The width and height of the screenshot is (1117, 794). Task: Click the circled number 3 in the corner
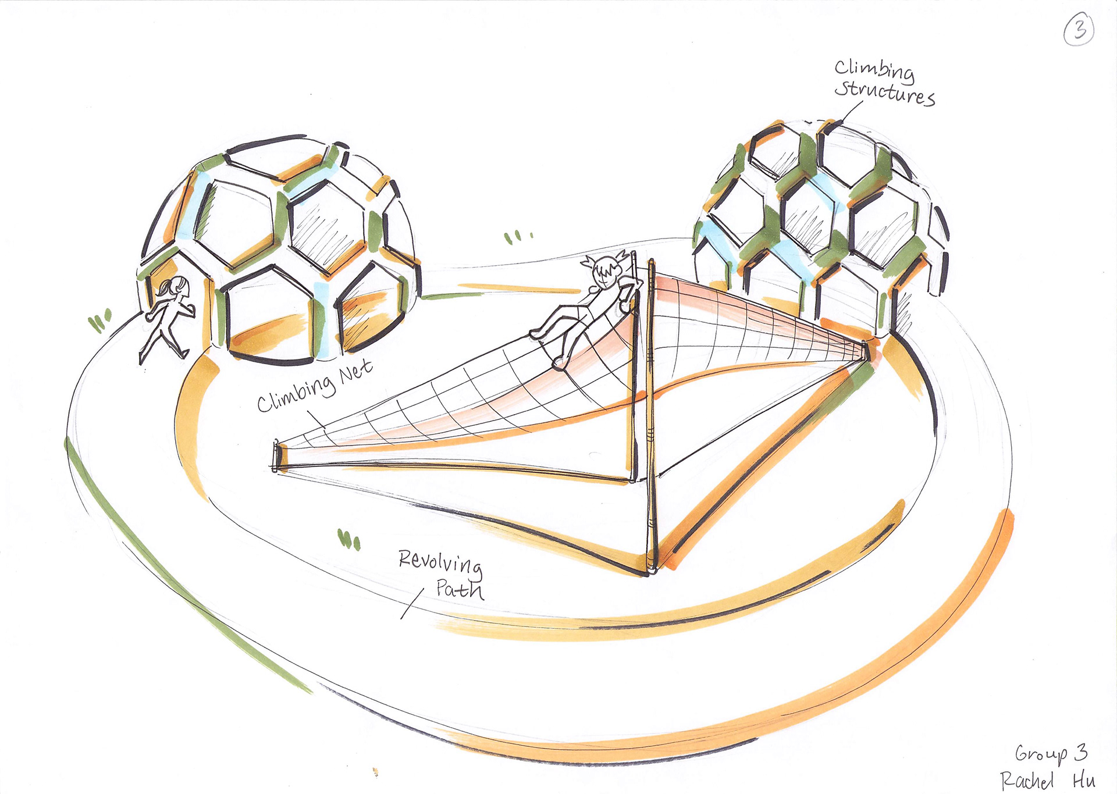[1079, 30]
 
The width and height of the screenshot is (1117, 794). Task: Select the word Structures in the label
[884, 93]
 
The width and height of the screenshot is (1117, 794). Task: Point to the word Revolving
[440, 562]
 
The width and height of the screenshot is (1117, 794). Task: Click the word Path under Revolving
[460, 589]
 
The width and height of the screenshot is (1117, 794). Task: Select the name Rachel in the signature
[1027, 780]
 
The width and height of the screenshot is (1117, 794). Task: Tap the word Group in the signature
[1041, 754]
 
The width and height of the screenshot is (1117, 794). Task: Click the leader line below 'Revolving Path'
[412, 603]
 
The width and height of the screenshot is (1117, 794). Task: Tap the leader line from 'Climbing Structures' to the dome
[852, 112]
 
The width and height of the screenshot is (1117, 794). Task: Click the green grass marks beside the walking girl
[99, 321]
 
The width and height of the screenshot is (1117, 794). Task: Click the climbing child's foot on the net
[558, 362]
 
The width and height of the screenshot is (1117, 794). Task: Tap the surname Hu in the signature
[1084, 780]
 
